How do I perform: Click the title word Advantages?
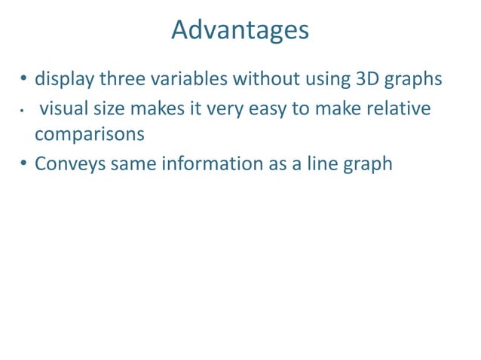(240, 30)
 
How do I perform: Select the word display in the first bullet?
(64, 79)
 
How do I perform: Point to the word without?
(268, 79)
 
